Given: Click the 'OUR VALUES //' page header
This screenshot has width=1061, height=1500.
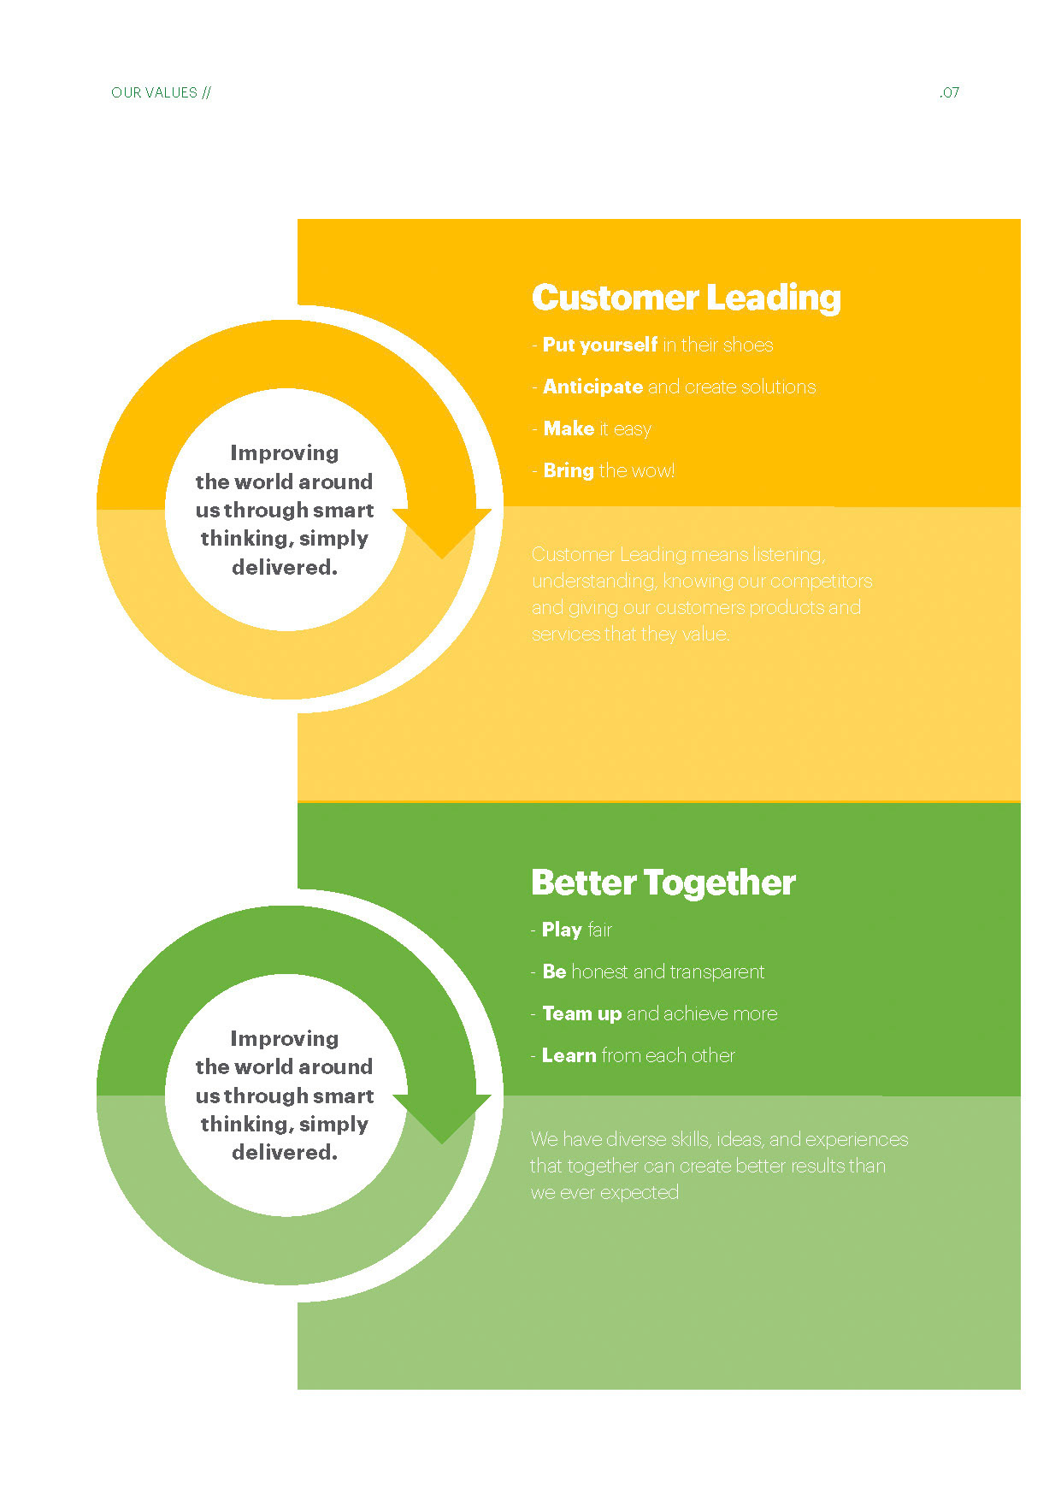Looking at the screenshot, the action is tap(161, 92).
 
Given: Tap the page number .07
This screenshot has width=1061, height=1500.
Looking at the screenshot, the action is tap(949, 92).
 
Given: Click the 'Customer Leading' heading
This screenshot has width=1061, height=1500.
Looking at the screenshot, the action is tap(686, 298).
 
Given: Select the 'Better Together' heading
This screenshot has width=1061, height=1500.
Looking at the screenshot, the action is tap(663, 883).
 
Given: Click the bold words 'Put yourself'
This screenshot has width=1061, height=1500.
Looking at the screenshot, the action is tap(600, 345).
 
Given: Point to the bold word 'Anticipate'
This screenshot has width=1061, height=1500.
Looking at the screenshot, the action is tap(592, 387).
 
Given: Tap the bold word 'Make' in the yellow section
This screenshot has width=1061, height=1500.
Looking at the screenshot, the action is tap(569, 428).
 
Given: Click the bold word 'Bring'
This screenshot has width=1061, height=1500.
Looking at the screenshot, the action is tap(569, 470).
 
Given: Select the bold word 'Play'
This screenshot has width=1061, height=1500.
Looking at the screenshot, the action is tap(562, 930).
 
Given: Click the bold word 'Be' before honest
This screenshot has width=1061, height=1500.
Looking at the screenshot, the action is tap(554, 971).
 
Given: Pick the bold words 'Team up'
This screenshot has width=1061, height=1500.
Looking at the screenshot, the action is tap(581, 1013).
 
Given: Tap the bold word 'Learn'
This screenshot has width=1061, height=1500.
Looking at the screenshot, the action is tap(569, 1055).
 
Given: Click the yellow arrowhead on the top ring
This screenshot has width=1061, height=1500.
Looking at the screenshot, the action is tap(442, 530).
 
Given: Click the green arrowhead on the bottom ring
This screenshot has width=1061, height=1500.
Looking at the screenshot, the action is tap(442, 1115).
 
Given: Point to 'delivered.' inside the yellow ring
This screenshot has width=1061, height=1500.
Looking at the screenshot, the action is tap(285, 567).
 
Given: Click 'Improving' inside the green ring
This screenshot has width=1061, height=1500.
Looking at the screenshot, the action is tap(285, 1038).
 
